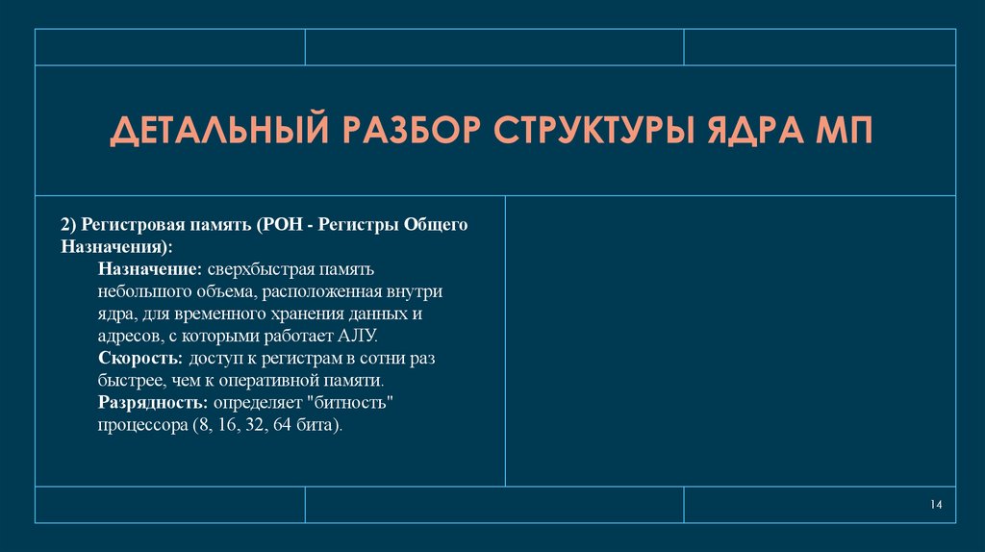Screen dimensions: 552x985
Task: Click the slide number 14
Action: coord(936,506)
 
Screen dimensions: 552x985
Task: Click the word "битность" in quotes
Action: coord(357,402)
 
